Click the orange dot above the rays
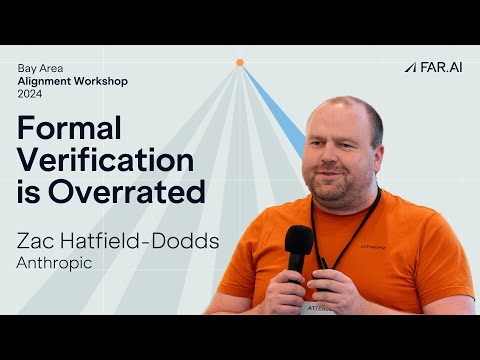coord(240,62)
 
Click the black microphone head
coord(299,240)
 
